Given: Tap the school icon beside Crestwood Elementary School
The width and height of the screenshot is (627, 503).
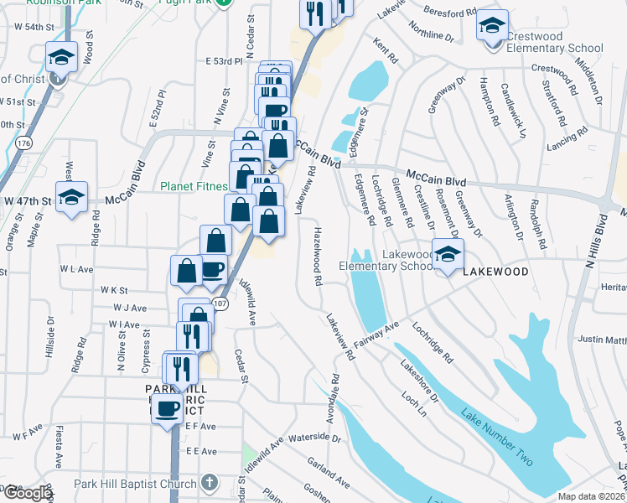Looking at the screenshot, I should point(492,25).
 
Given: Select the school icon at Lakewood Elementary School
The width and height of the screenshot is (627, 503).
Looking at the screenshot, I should point(448,254).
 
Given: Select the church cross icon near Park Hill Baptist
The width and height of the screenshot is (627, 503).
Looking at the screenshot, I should point(210,484).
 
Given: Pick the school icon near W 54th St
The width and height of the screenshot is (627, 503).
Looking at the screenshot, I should point(61,57).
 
